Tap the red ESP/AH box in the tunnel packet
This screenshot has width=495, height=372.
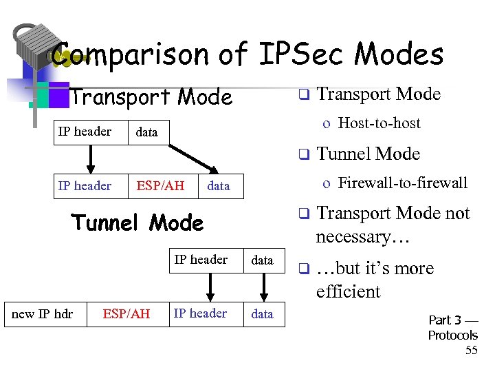click(x=126, y=314)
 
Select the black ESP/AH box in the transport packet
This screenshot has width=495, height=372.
click(x=160, y=186)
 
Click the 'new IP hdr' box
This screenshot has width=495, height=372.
click(x=42, y=314)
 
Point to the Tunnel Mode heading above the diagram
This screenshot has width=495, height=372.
click(x=137, y=223)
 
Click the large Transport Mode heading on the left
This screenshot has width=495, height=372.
click(x=151, y=98)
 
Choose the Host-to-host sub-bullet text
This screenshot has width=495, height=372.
click(x=379, y=123)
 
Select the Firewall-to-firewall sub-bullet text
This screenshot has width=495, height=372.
click(x=403, y=183)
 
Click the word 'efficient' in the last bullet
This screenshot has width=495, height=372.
click(x=348, y=291)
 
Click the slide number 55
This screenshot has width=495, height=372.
click(x=471, y=350)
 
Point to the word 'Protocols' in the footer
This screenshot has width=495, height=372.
click(x=452, y=335)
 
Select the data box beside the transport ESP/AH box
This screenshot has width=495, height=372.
click(x=219, y=186)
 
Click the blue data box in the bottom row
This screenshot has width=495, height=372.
click(x=262, y=314)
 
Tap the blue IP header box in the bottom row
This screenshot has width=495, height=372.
click(x=200, y=313)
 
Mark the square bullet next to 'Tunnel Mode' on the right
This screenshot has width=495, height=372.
click(x=302, y=155)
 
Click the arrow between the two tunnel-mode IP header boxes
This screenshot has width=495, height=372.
click(x=209, y=286)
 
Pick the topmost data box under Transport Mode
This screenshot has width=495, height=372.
click(x=146, y=132)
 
